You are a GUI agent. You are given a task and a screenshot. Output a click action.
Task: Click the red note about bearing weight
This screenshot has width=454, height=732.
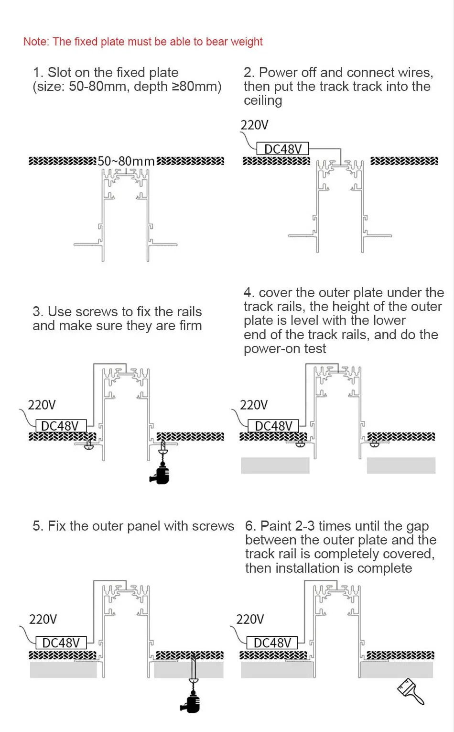tap(143, 42)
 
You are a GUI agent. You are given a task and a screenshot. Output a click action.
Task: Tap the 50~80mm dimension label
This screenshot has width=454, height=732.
tap(126, 161)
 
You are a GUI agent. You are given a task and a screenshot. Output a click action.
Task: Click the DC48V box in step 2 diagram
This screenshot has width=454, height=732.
tap(282, 149)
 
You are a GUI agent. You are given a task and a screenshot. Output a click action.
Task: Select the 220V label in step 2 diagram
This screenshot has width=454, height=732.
tap(254, 125)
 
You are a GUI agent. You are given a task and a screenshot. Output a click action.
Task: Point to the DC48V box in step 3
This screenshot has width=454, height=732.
tap(61, 426)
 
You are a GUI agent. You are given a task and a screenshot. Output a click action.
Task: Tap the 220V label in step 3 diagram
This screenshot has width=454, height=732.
tap(42, 405)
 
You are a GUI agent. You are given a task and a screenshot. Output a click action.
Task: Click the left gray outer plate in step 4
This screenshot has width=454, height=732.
tap(275, 466)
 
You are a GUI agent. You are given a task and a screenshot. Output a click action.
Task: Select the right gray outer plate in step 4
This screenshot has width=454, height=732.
tap(401, 466)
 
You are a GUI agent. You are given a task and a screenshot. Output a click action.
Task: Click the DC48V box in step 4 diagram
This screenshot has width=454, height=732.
tap(273, 426)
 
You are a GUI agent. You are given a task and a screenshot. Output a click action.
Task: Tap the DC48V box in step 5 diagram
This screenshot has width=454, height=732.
tap(61, 643)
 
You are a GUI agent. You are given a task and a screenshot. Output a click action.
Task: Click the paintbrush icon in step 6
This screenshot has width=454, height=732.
tap(411, 691)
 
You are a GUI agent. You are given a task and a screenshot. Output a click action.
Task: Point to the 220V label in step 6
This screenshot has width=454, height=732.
tap(250, 620)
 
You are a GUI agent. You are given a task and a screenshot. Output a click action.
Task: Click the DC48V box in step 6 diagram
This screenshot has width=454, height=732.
tap(272, 643)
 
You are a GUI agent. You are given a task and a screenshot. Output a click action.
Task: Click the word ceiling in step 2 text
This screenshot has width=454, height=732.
tap(263, 101)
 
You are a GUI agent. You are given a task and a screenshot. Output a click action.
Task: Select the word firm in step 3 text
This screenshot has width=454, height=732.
tap(190, 326)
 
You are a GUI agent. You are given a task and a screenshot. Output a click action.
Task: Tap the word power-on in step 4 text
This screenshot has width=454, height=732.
tap(272, 349)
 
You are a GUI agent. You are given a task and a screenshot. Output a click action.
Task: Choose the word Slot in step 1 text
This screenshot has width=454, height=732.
tap(59, 73)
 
